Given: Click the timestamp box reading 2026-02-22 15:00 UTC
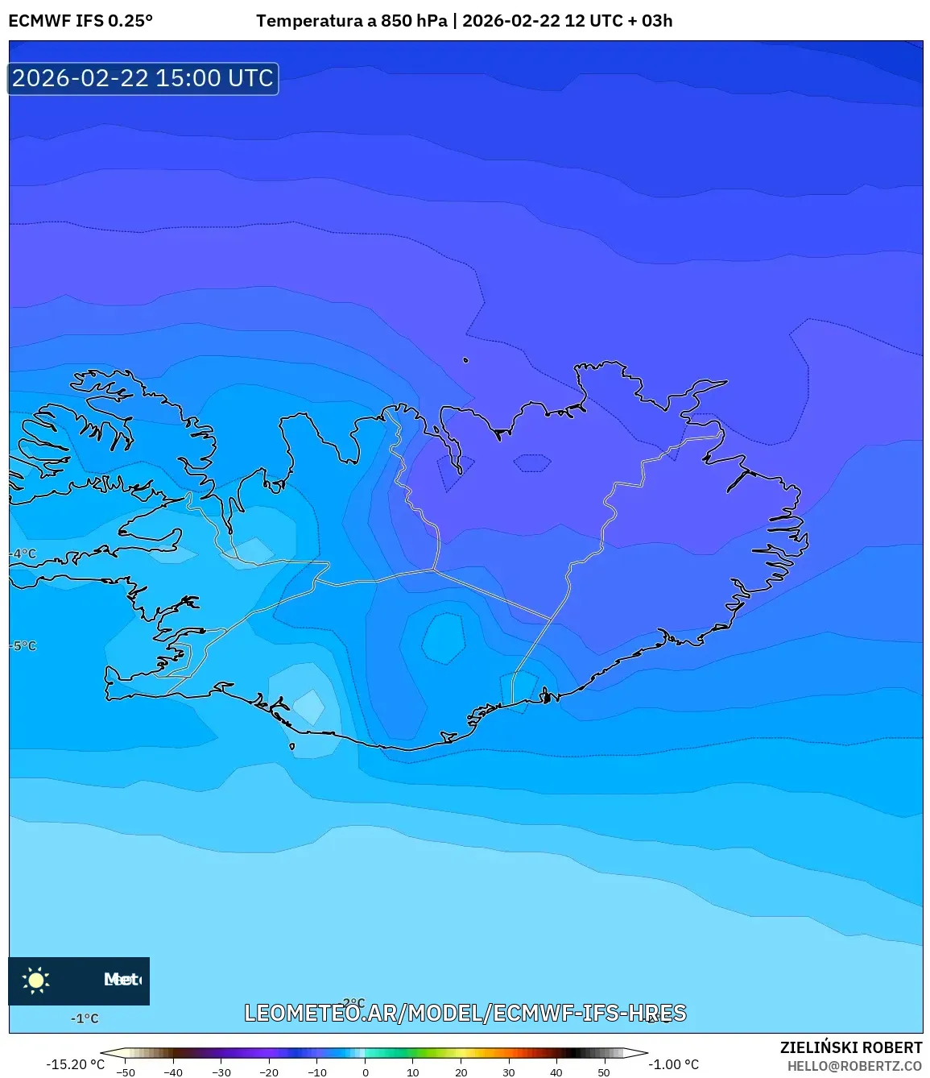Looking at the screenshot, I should click(143, 78).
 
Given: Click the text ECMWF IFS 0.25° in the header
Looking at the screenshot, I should click(81, 21).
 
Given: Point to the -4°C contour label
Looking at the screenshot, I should click(23, 554).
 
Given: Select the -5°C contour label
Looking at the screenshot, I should click(23, 646).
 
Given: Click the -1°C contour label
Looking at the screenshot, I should click(85, 1018).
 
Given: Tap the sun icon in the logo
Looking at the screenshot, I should click(36, 980).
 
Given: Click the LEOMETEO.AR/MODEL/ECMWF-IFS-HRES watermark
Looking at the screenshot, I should click(465, 1013).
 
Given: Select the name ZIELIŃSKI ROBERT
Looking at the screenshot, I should click(850, 1047).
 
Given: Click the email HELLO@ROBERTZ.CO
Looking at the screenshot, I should click(854, 1066).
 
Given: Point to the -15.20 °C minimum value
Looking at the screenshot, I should click(75, 1064).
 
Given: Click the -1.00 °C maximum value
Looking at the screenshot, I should click(674, 1064).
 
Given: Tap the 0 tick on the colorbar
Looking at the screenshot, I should click(365, 1072).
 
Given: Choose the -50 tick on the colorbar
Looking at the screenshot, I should click(125, 1072).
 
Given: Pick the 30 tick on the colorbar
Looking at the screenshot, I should click(508, 1072).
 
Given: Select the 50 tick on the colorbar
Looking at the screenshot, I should click(604, 1072).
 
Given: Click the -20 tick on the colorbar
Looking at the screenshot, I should click(269, 1072).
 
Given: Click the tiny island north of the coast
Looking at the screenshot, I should click(465, 360).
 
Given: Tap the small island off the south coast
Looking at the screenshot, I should click(291, 746).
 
